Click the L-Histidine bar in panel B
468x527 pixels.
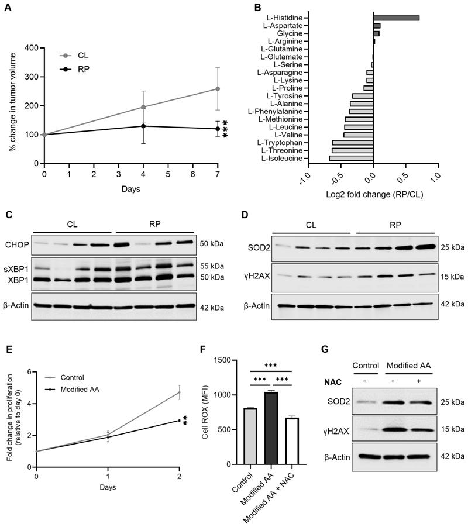tap(396, 18)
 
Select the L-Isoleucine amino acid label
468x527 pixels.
tap(282, 158)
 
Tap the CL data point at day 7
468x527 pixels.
tap(218, 89)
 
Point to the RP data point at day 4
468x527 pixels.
tap(143, 126)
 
